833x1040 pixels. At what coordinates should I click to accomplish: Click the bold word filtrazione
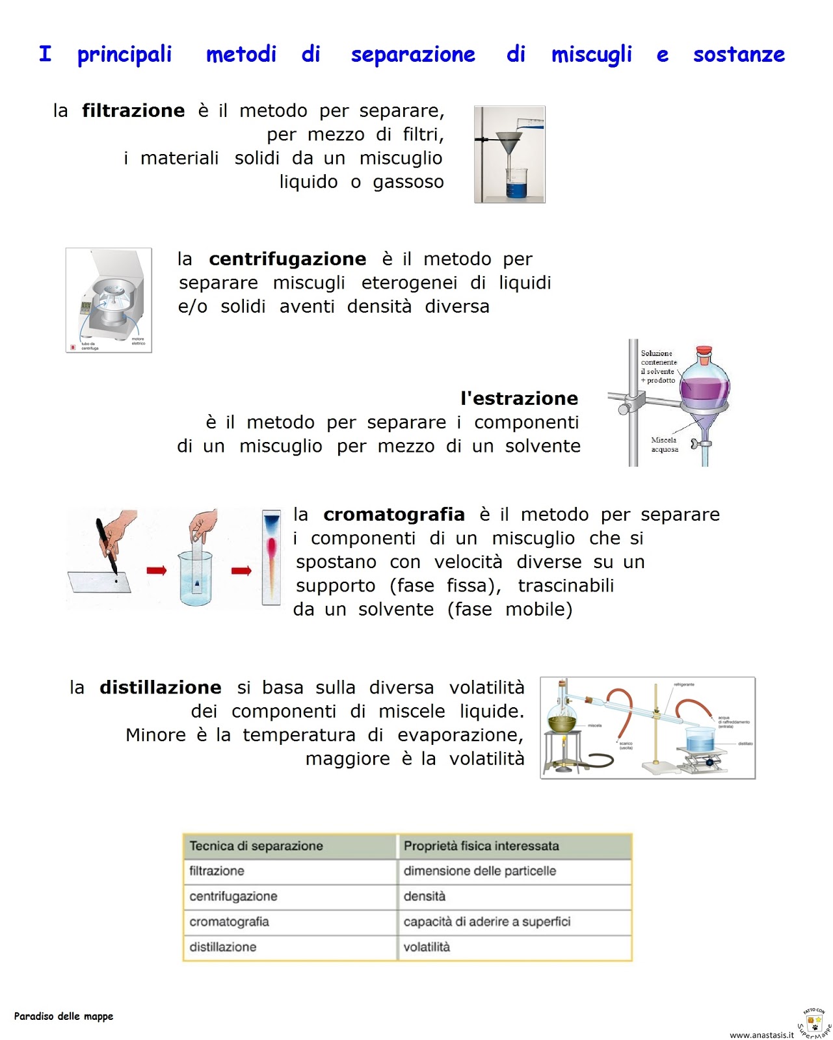pyautogui.click(x=133, y=111)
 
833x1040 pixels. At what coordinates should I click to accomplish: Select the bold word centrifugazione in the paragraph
pyautogui.click(x=287, y=259)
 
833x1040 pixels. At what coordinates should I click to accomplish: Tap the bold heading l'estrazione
pyautogui.click(x=519, y=398)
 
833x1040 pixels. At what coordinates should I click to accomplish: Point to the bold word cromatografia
pyautogui.click(x=394, y=515)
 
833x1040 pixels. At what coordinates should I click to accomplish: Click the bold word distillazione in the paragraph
pyautogui.click(x=160, y=688)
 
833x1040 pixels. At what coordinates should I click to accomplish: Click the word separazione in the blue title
pyautogui.click(x=413, y=55)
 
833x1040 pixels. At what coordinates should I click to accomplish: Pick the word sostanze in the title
pyautogui.click(x=739, y=55)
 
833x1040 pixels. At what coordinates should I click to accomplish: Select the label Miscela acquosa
pyautogui.click(x=665, y=445)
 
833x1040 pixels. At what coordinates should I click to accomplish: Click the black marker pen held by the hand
pyautogui.click(x=106, y=546)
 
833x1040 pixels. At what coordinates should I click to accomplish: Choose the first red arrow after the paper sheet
pyautogui.click(x=156, y=571)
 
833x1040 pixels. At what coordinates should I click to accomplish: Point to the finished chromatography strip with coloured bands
pyautogui.click(x=271, y=557)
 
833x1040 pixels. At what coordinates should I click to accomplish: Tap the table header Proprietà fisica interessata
pyautogui.click(x=481, y=846)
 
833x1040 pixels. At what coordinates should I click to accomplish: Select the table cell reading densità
pyautogui.click(x=425, y=896)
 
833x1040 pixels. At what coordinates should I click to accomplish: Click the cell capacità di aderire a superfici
pyautogui.click(x=486, y=922)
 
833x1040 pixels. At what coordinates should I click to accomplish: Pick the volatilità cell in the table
pyautogui.click(x=427, y=947)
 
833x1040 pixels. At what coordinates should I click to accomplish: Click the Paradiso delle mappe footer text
pyautogui.click(x=64, y=1017)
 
